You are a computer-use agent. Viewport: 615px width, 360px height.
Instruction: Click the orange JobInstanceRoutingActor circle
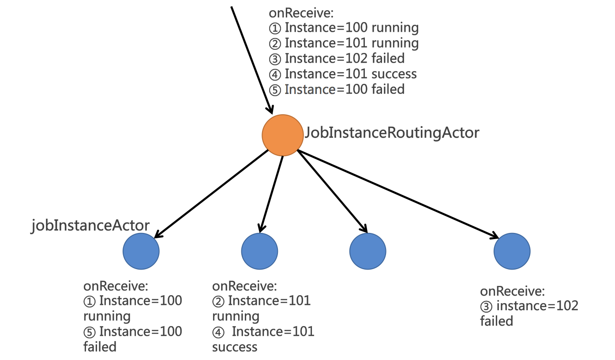coord(283,135)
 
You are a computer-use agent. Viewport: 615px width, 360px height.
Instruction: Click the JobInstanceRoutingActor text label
coord(392,132)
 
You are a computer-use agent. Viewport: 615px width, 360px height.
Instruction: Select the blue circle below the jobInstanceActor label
coord(141,251)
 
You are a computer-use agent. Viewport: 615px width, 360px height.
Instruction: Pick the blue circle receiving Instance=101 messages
coord(259,251)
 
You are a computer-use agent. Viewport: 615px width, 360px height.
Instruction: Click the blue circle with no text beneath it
coord(367,251)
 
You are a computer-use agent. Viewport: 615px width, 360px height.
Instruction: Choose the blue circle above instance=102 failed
coord(512,251)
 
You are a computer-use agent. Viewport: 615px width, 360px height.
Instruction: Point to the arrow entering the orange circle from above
coord(251,57)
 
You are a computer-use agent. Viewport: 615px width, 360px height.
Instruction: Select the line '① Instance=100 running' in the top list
coord(344,28)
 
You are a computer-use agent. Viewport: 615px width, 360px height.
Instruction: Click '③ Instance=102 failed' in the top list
coord(337,58)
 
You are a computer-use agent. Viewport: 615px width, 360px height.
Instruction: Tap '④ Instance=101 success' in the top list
coord(343,74)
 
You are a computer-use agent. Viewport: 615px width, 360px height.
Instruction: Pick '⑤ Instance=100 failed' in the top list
coord(337,89)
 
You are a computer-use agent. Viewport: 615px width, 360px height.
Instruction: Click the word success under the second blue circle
coord(235,347)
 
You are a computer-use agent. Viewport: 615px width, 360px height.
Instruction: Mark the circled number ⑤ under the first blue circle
coord(89,332)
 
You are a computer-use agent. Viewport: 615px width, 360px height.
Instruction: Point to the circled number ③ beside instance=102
coord(486,306)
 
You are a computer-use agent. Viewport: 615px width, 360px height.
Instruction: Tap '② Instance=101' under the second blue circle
coord(262,301)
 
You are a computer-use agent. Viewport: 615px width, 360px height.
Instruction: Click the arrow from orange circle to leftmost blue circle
coord(212,194)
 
